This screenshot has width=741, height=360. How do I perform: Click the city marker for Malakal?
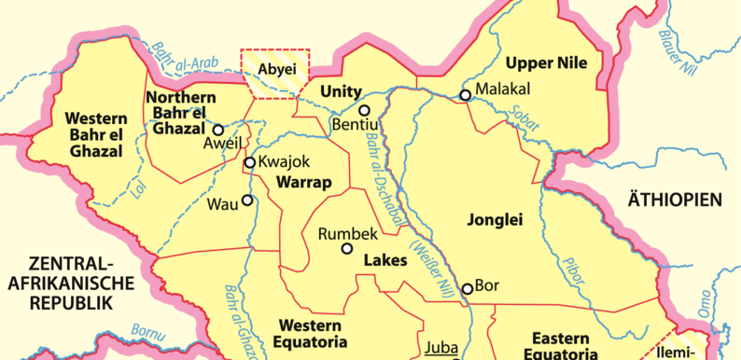(x=465, y=94)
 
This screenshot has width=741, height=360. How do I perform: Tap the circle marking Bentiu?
(x=365, y=110)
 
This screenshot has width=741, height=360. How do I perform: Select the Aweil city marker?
(x=217, y=131)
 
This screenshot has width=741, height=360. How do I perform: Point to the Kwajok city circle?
(x=250, y=163)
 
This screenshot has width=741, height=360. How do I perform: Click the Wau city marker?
(x=247, y=200)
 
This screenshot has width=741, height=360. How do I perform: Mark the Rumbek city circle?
(x=347, y=248)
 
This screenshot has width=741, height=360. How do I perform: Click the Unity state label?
(x=339, y=91)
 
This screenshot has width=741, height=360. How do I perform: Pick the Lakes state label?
(x=385, y=260)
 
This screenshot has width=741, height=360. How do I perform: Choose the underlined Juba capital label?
(x=440, y=349)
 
